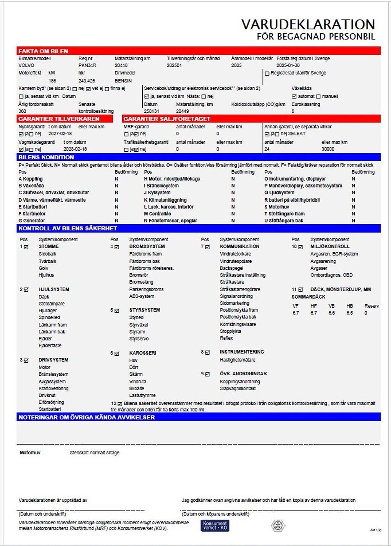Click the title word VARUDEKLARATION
pos(308,24)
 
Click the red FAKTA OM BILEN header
pos(43,51)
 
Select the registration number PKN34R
pos(87,65)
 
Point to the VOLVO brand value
pos(26,65)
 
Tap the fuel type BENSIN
pos(123,81)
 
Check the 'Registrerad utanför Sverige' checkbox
pos(267,73)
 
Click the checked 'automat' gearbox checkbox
pos(294,97)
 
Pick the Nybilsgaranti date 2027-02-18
pos(60,134)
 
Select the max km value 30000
pos(328,149)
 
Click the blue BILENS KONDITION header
pos(46,157)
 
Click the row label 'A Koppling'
pos(31,179)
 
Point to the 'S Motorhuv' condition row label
pos(277,207)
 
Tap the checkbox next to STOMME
pos(26,247)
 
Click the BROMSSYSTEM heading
pos(147,247)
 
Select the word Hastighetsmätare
pos(238,360)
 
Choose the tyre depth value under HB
pos(349,313)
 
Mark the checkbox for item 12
pos(120,404)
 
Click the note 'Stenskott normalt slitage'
pos(94,452)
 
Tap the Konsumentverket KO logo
pos(215,526)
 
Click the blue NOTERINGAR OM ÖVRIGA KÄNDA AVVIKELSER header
pos(87,417)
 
